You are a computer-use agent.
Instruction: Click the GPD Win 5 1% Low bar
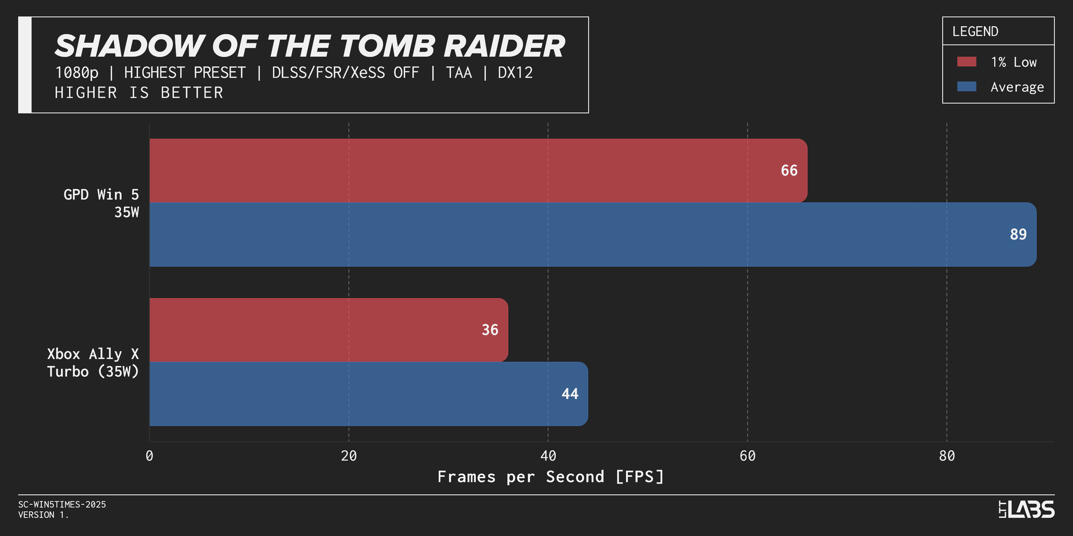click(x=478, y=170)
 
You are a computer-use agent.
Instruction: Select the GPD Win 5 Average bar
click(x=593, y=234)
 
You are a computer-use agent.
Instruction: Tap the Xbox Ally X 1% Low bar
click(x=329, y=330)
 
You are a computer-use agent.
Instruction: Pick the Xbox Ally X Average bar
click(x=369, y=394)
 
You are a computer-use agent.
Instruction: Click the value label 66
click(x=789, y=170)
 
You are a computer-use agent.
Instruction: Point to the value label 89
click(x=1018, y=234)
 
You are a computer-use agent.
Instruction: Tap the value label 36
click(x=490, y=330)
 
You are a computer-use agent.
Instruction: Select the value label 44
click(x=570, y=394)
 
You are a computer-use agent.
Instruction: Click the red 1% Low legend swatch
click(x=967, y=62)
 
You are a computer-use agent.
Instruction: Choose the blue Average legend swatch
click(x=967, y=86)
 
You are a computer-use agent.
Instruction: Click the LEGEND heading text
click(x=975, y=32)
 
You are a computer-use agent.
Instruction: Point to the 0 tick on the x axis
click(x=149, y=456)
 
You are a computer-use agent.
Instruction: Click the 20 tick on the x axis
click(x=349, y=456)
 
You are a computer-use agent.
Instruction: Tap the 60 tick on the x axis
click(x=747, y=456)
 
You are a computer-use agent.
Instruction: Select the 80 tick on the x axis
click(x=947, y=456)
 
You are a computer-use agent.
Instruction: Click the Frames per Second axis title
click(x=551, y=477)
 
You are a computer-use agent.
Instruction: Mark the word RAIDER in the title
click(x=504, y=46)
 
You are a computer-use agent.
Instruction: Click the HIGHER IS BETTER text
click(x=139, y=93)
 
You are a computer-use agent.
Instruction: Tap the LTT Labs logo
click(x=1026, y=509)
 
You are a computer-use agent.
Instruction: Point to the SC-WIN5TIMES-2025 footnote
click(x=62, y=504)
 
